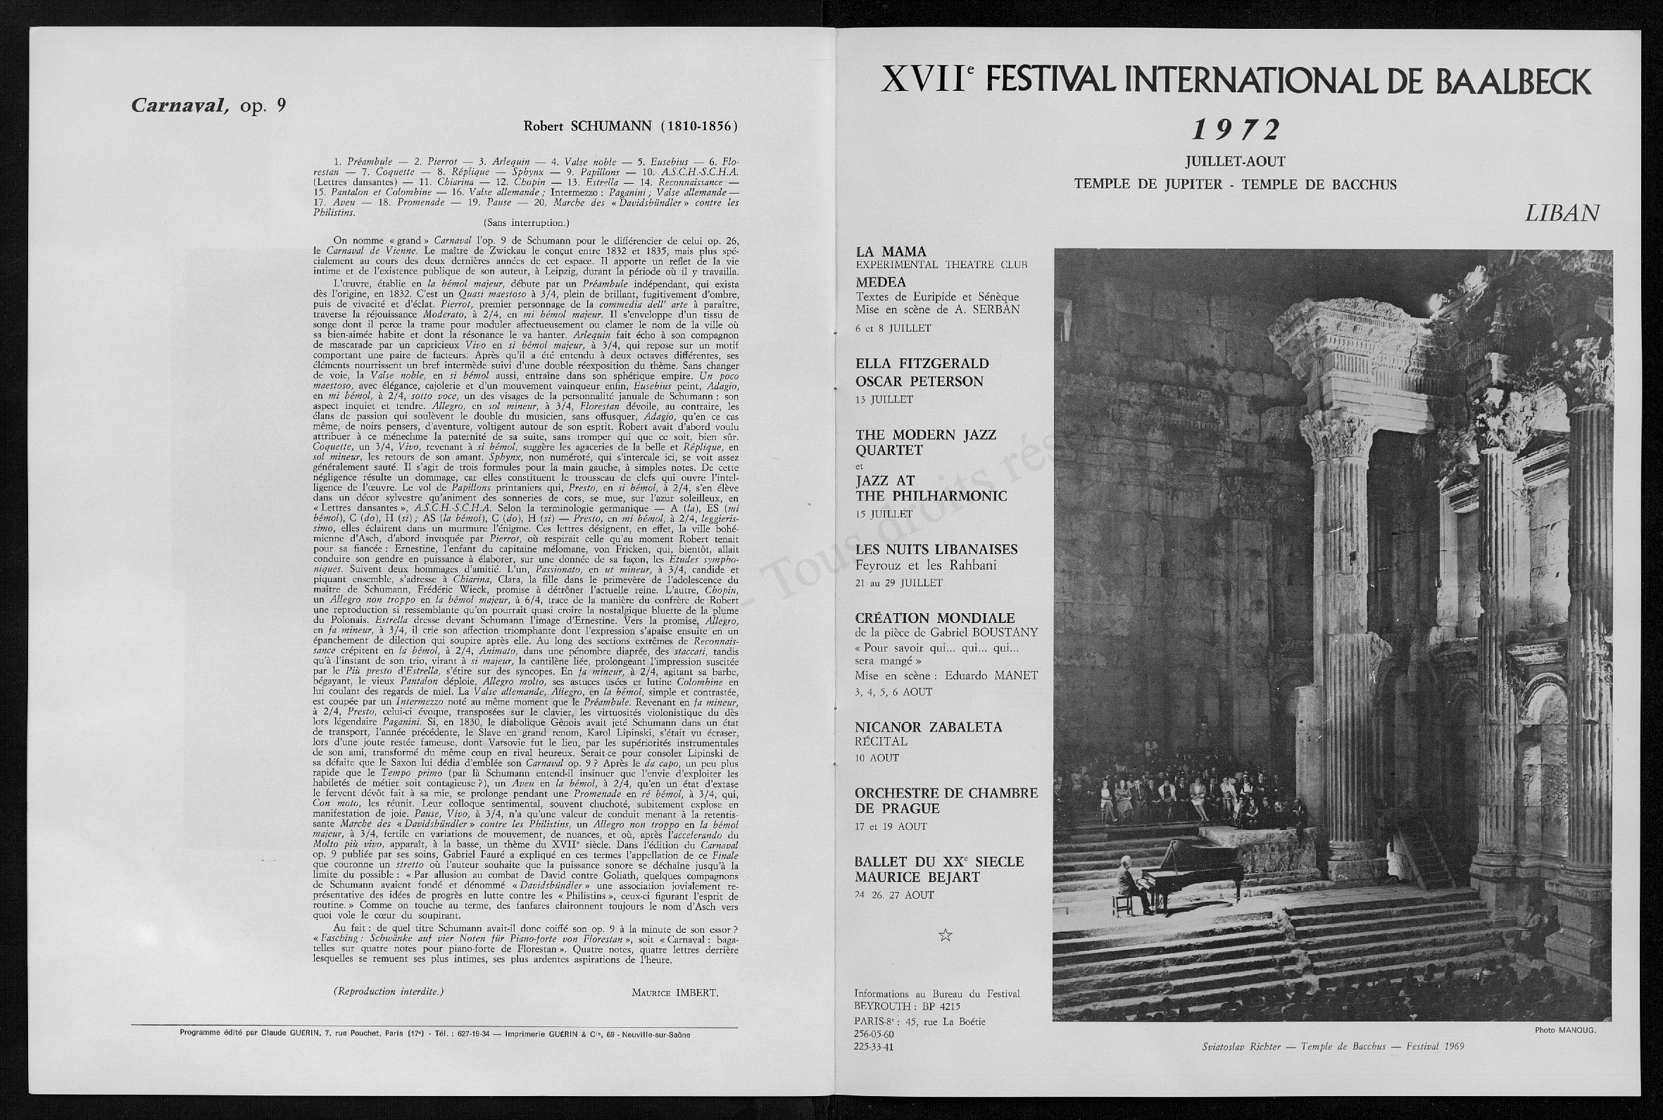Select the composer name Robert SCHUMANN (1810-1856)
pos(630,127)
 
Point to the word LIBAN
pos(1562,213)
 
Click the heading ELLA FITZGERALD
pos(922,363)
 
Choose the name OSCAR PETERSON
pos(920,382)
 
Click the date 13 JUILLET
pos(884,400)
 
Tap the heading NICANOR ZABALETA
pos(928,727)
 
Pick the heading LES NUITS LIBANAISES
pos(936,549)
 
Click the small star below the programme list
pos(945,935)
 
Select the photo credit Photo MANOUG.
pos(1564,1030)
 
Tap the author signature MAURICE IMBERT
pos(674,993)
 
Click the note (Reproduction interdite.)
pos(388,991)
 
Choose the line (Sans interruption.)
pos(526,222)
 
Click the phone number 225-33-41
pos(874,1047)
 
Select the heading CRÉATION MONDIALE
pos(934,618)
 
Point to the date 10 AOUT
pos(877,758)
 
